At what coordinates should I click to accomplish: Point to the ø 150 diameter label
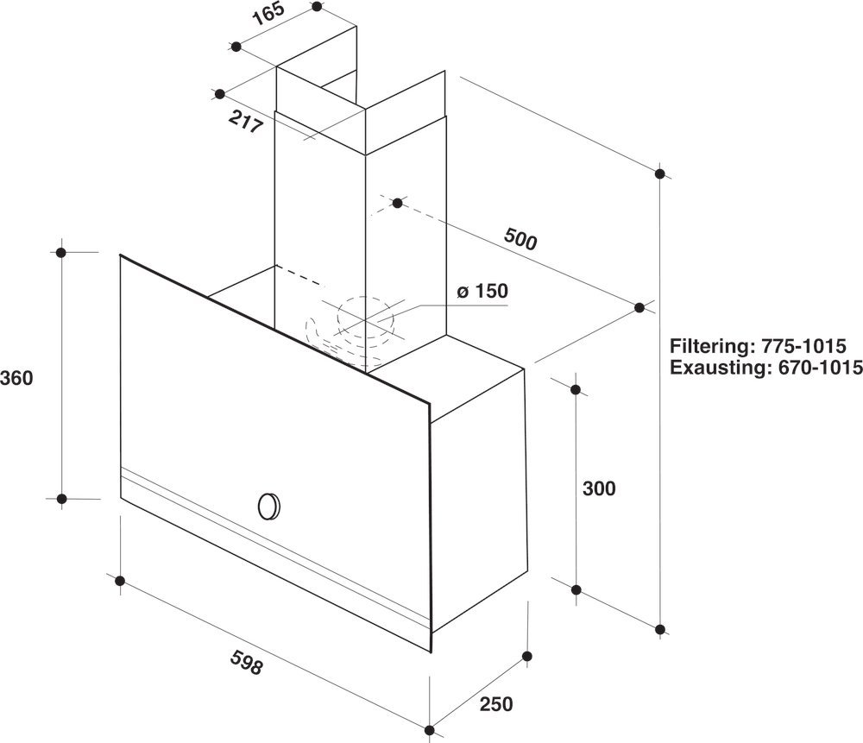pos(482,292)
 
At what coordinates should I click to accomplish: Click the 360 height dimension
pos(17,377)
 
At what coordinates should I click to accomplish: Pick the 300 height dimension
pos(599,488)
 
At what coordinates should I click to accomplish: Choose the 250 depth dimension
pos(495,703)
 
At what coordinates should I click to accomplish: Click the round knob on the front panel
pos(269,505)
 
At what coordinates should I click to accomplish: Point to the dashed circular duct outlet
pos(368,320)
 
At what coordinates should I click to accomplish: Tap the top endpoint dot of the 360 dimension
pos(61,252)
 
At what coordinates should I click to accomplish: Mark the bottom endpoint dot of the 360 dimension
pos(61,498)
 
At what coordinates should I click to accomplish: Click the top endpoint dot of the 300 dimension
pos(576,389)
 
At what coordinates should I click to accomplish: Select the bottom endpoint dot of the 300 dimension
pos(576,590)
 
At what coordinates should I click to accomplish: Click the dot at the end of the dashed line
pos(397,203)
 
